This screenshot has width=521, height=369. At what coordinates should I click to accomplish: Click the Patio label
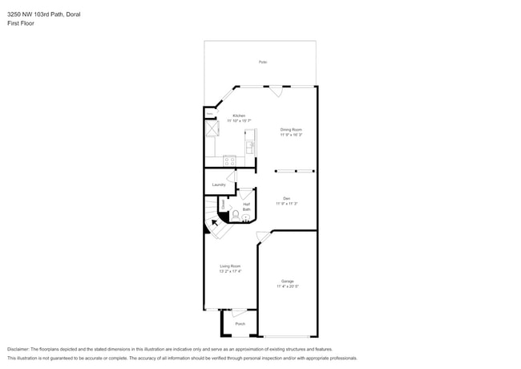(x=263, y=62)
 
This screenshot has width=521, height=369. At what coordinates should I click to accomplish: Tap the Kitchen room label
(x=239, y=116)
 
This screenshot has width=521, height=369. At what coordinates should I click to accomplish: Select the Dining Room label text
(x=291, y=129)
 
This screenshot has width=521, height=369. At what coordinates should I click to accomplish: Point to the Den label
(x=286, y=198)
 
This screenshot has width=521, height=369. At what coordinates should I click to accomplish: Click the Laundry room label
(x=219, y=184)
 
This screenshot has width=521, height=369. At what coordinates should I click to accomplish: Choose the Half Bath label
(x=247, y=207)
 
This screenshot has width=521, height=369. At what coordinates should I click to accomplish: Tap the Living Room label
(x=230, y=266)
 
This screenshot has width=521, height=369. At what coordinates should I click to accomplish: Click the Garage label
(x=287, y=281)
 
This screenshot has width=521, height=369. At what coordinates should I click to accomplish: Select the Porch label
(x=240, y=325)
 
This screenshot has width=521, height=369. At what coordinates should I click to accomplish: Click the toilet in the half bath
(x=236, y=214)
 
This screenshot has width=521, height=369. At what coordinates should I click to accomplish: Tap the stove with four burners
(x=229, y=160)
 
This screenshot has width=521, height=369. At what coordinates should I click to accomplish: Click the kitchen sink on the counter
(x=249, y=146)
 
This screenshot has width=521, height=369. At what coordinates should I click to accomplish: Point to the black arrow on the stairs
(x=213, y=224)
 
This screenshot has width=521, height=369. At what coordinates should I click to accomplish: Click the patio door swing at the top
(x=275, y=91)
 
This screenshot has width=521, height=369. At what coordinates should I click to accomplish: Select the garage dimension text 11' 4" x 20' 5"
(x=287, y=286)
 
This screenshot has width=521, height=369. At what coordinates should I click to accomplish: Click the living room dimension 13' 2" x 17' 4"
(x=230, y=271)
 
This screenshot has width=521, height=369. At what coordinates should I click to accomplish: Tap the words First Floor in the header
(x=21, y=23)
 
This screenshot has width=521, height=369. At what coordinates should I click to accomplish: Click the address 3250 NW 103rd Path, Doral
(x=43, y=14)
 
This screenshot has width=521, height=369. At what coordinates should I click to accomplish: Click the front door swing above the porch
(x=239, y=313)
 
